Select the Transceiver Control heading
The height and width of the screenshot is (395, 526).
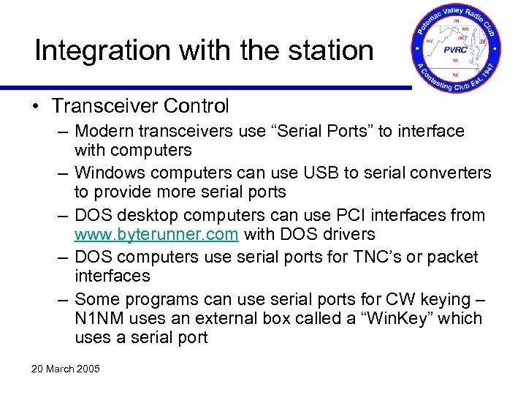pyautogui.click(x=140, y=106)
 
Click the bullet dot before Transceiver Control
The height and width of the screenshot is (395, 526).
pyautogui.click(x=37, y=107)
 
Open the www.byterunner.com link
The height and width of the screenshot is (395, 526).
pyautogui.click(x=156, y=235)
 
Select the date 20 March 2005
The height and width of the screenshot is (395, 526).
pyautogui.click(x=65, y=368)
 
